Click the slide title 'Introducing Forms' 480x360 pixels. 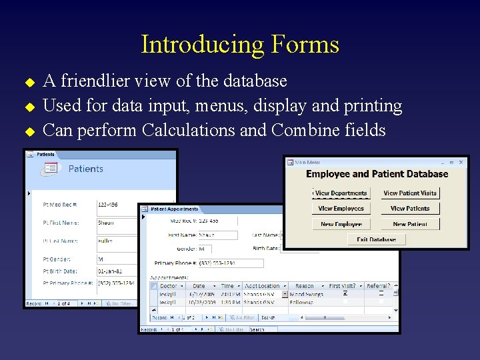point(240,45)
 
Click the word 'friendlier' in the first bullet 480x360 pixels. point(93,81)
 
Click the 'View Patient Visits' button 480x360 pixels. point(410,193)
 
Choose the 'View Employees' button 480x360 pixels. point(341,209)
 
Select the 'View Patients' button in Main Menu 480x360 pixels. point(410,209)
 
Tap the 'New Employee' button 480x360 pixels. point(341,224)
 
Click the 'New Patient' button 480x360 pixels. point(410,224)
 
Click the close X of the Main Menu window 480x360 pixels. point(462,161)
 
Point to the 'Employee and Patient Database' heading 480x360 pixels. point(377,174)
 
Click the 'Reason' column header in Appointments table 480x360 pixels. point(305,286)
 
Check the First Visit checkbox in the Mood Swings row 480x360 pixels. point(345,294)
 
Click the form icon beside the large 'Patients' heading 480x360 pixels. point(51,169)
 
